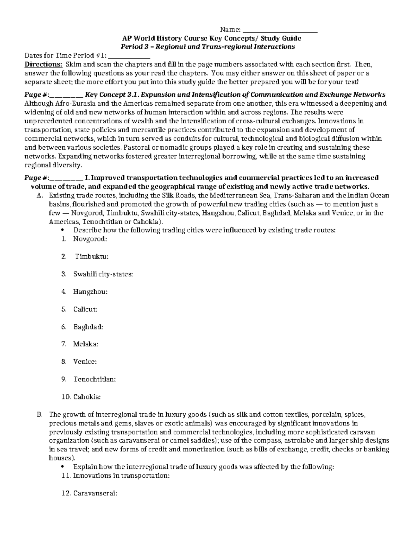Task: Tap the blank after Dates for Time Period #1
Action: pyautogui.click(x=129, y=55)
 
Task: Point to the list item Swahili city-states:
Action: pyautogui.click(x=103, y=274)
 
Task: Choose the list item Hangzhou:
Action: pyautogui.click(x=90, y=292)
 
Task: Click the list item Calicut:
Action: pyautogui.click(x=85, y=309)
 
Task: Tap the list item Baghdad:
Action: pyautogui.click(x=88, y=327)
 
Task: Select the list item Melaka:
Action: pyautogui.click(x=86, y=344)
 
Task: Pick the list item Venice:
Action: pyautogui.click(x=85, y=362)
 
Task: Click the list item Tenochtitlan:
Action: pyautogui.click(x=94, y=379)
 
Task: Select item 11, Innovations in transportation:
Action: pyautogui.click(x=121, y=476)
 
